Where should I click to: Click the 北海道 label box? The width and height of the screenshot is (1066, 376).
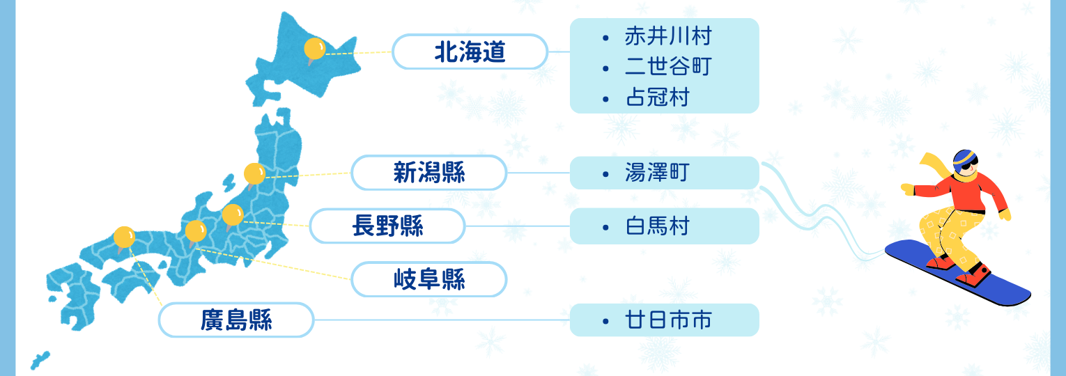coord(470,52)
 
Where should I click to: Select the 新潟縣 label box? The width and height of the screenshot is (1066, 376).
coord(428,173)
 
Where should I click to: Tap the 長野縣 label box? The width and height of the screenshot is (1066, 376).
coord(387,226)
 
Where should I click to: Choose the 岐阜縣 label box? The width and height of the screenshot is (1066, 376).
coord(428,279)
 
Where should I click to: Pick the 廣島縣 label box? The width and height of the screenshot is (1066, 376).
coord(236,320)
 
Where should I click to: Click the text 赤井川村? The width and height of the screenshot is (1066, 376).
coord(668,36)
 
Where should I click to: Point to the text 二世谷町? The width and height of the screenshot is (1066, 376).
coord(668,67)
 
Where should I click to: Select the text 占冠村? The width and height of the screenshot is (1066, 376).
coord(657,97)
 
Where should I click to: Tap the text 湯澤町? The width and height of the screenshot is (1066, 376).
coord(657,173)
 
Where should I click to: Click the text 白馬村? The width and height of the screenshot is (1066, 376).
coord(657,226)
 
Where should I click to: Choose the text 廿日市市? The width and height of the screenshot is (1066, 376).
coord(668,320)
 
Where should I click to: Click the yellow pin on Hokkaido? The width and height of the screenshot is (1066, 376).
coord(314,49)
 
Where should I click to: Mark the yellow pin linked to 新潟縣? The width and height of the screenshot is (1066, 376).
coord(254,175)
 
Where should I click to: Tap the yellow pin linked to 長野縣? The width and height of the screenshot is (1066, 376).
coord(233,216)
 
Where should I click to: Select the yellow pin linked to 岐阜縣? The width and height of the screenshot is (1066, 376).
coord(196,232)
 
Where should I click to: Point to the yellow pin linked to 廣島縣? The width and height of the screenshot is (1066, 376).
coord(124,238)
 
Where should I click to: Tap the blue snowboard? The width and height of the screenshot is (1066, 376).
coord(957,273)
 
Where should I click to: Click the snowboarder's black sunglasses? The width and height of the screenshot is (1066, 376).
coord(969,165)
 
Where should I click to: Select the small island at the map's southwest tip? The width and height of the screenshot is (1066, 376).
coord(40,360)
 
